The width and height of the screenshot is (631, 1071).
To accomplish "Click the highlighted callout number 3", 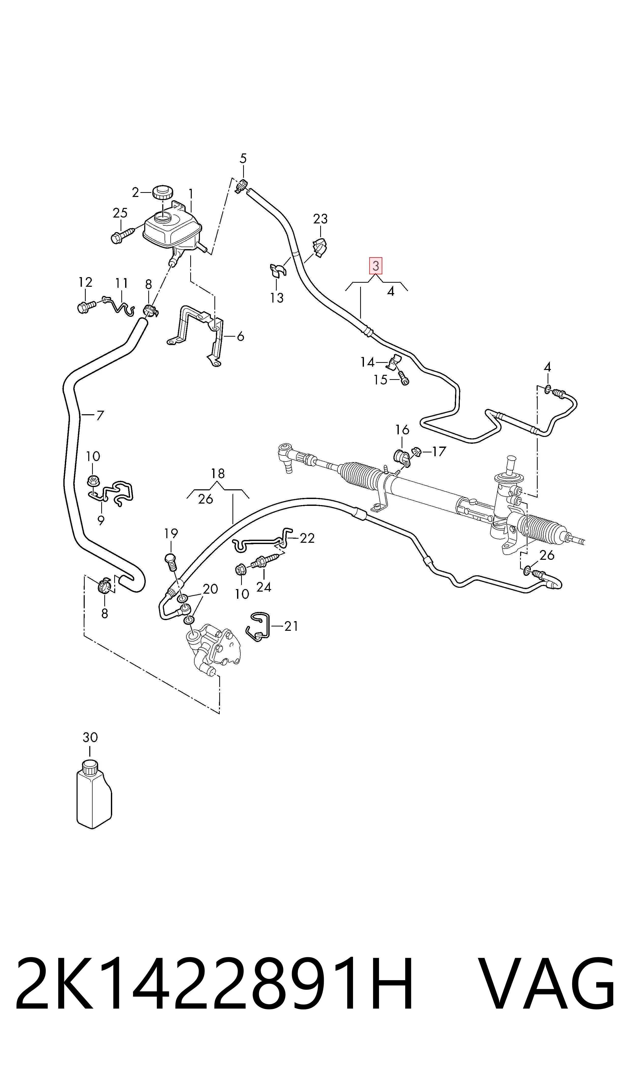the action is [375, 266].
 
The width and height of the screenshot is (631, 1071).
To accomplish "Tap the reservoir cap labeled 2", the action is [162, 192].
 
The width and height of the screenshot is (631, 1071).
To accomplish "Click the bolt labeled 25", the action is [122, 235].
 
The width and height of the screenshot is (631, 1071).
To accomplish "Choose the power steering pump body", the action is [214, 648].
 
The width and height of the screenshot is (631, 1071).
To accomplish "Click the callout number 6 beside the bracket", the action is [240, 336].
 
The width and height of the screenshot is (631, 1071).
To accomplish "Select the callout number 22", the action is [307, 538].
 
